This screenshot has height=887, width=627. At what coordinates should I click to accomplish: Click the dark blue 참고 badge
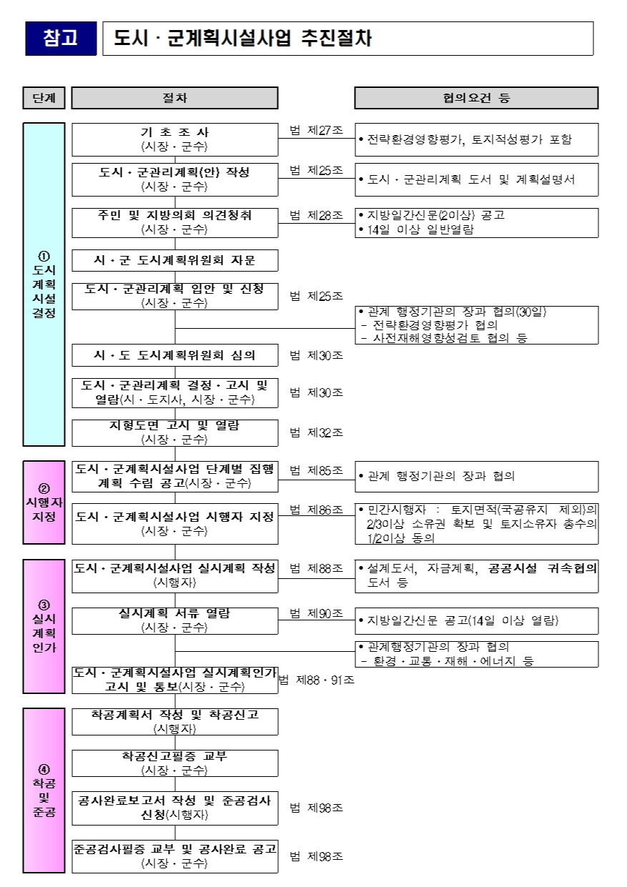pyautogui.click(x=61, y=39)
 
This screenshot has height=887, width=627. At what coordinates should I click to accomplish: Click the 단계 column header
pyautogui.click(x=44, y=98)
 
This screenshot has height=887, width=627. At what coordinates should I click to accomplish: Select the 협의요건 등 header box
pyautogui.click(x=476, y=98)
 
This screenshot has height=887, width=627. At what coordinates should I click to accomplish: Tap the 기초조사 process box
pyautogui.click(x=174, y=139)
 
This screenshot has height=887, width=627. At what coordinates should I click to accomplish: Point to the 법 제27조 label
pyautogui.click(x=316, y=131)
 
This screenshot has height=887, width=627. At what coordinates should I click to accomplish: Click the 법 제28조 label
pyautogui.click(x=316, y=215)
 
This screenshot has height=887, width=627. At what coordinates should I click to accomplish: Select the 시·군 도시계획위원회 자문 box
pyautogui.click(x=174, y=259)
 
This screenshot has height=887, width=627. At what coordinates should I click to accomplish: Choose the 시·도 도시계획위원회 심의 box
pyautogui.click(x=174, y=355)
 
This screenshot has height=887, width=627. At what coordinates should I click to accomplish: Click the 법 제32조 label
pyautogui.click(x=316, y=432)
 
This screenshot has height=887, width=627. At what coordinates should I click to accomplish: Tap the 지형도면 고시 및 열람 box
pyautogui.click(x=174, y=432)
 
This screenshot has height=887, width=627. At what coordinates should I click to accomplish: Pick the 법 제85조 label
pyautogui.click(x=316, y=470)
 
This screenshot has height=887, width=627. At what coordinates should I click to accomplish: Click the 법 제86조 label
pyautogui.click(x=316, y=510)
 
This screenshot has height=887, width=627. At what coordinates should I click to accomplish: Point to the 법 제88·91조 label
pyautogui.click(x=316, y=680)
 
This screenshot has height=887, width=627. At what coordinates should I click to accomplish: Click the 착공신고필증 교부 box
pyautogui.click(x=174, y=763)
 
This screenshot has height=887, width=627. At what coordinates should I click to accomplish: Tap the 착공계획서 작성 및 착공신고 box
pyautogui.click(x=174, y=721)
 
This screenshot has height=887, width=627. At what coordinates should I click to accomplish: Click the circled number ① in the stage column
pyautogui.click(x=44, y=256)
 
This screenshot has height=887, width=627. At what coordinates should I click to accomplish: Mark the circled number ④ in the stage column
pyautogui.click(x=44, y=769)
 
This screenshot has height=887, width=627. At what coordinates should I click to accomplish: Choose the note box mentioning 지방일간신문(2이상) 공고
pyautogui.click(x=476, y=222)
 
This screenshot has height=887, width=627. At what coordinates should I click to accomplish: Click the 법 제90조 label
pyautogui.click(x=316, y=613)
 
